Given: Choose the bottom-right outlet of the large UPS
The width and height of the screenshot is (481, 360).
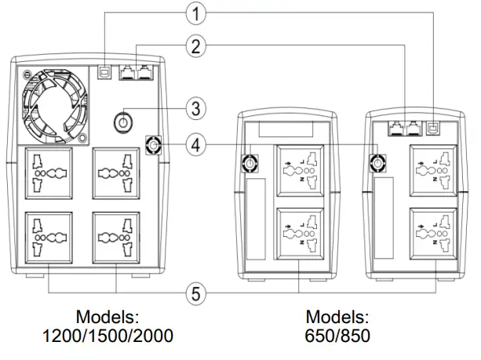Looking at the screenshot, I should coord(116,238).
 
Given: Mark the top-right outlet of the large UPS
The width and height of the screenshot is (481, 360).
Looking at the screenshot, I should coord(116,174).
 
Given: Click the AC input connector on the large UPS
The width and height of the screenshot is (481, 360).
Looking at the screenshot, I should coord(154,146).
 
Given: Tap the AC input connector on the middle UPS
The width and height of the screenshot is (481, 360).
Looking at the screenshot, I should coord(250,162).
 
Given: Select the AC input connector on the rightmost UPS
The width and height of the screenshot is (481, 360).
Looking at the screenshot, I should coord(378,162).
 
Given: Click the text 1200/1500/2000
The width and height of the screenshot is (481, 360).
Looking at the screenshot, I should coord(107,336).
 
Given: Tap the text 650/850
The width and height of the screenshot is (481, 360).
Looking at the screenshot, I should coord(337,336).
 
